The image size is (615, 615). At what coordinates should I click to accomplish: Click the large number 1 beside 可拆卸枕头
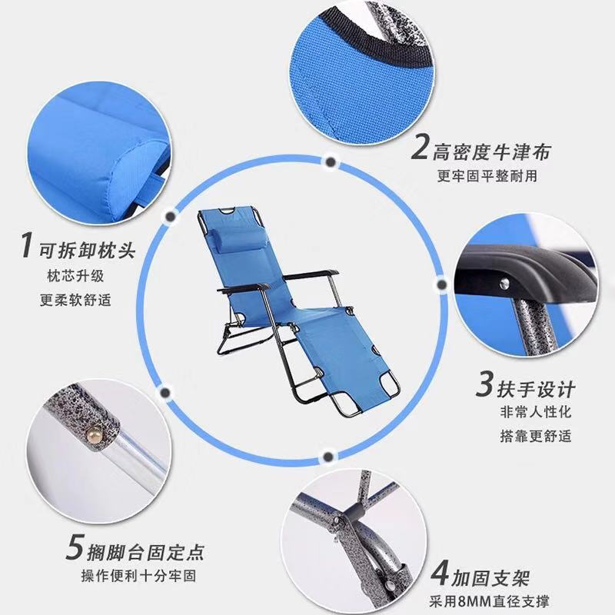pos(26,245)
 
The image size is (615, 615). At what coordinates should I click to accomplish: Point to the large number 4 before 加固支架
pos(439,573)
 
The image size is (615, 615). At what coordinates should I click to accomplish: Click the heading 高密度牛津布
pos(492,151)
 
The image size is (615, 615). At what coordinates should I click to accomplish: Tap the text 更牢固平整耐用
pos(487,176)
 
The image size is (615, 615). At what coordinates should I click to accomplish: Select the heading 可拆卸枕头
pos(87,250)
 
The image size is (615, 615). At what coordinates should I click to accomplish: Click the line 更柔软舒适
pos(75,300)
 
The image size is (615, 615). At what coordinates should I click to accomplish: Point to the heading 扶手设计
pos(536,389)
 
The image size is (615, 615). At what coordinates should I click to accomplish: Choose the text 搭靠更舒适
pos(535,436)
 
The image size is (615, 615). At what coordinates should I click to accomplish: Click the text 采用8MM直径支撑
pos(489,601)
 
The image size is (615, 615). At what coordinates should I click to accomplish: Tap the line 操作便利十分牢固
pos(138,575)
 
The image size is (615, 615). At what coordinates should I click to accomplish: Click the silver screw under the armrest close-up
pos(506,282)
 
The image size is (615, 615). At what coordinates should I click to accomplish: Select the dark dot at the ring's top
pos(331,161)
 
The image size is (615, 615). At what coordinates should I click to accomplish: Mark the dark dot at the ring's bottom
pos(328,456)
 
